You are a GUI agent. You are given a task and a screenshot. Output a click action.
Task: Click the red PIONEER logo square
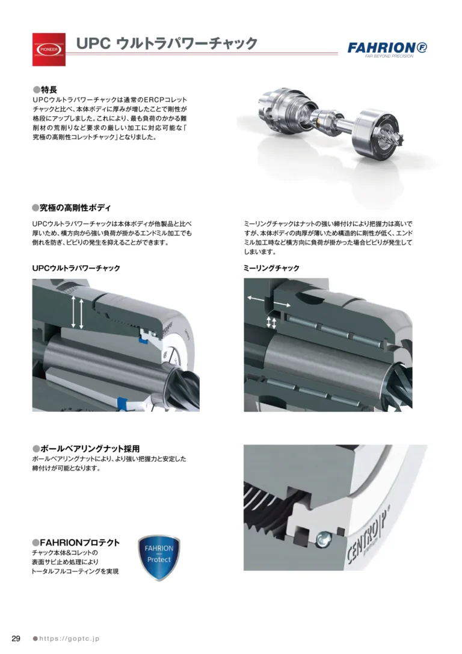49,49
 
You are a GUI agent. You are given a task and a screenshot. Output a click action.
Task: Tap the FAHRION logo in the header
387,48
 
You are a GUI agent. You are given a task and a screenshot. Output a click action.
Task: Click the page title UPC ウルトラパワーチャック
167,43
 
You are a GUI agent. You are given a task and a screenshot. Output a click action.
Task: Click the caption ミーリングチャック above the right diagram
271,268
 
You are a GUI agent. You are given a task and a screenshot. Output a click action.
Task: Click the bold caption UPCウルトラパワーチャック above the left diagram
76,268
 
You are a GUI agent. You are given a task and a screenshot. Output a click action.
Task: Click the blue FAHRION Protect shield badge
159,558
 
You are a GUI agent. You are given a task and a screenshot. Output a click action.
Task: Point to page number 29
16,638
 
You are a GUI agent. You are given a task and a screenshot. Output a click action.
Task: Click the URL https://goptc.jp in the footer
69,638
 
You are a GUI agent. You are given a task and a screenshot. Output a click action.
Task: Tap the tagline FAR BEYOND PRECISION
389,57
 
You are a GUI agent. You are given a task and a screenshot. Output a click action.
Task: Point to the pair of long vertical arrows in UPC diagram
77,312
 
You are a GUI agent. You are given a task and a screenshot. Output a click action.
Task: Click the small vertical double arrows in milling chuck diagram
271,322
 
